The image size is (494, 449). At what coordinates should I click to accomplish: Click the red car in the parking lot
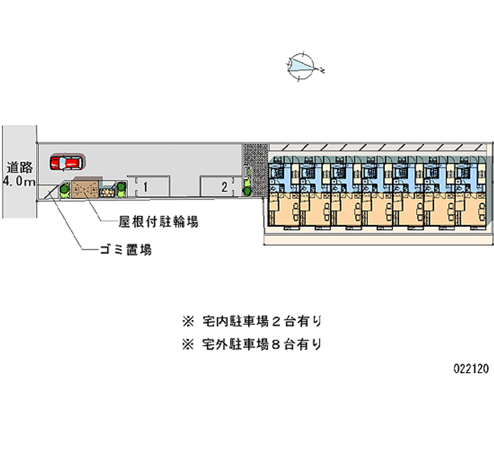(x=66, y=162)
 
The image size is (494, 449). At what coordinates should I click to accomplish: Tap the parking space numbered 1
(x=147, y=187)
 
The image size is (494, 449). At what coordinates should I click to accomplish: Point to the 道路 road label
(x=19, y=167)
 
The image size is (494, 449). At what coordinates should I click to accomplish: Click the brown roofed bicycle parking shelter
(x=85, y=189)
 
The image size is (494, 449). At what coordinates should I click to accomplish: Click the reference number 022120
(x=471, y=369)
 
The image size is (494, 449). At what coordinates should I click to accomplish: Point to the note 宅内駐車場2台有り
(x=259, y=321)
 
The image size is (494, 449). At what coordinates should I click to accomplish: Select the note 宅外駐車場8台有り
(x=259, y=344)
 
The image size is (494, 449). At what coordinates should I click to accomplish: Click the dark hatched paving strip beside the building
(x=253, y=167)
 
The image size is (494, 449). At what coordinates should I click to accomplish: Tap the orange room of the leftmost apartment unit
(x=283, y=211)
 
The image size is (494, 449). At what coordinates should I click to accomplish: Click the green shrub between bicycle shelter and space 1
(x=120, y=190)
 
